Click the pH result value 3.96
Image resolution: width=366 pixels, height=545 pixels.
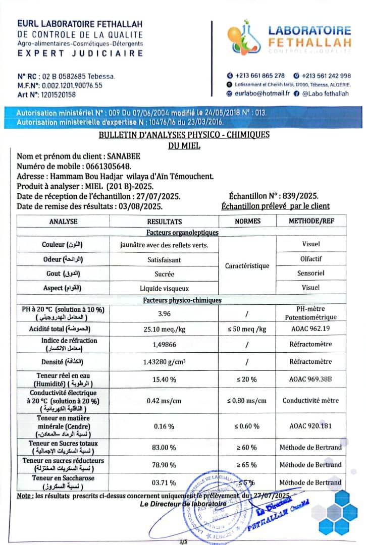pyautogui.click(x=164, y=313)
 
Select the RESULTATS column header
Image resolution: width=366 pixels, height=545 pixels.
pyautogui.click(x=164, y=221)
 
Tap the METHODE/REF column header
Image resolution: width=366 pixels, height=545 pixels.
pyautogui.click(x=311, y=221)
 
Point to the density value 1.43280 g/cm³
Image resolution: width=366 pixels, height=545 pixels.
pyautogui.click(x=165, y=362)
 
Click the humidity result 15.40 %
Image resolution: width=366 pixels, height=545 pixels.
pyautogui.click(x=165, y=379)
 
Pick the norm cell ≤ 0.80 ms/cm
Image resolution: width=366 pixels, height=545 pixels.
pyautogui.click(x=247, y=401)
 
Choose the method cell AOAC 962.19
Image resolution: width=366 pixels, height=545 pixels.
pyautogui.click(x=311, y=329)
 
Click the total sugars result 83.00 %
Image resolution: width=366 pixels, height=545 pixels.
pyautogui.click(x=165, y=447)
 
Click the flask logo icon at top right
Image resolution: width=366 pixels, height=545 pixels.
pyautogui.click(x=243, y=39)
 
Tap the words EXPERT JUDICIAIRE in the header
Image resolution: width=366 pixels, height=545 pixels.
pyautogui.click(x=80, y=53)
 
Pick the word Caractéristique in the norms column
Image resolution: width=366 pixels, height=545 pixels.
pyautogui.click(x=247, y=265)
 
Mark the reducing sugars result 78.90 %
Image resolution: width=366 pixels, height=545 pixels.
pyautogui.click(x=165, y=465)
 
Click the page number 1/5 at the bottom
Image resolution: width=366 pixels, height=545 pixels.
pyautogui.click(x=183, y=541)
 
